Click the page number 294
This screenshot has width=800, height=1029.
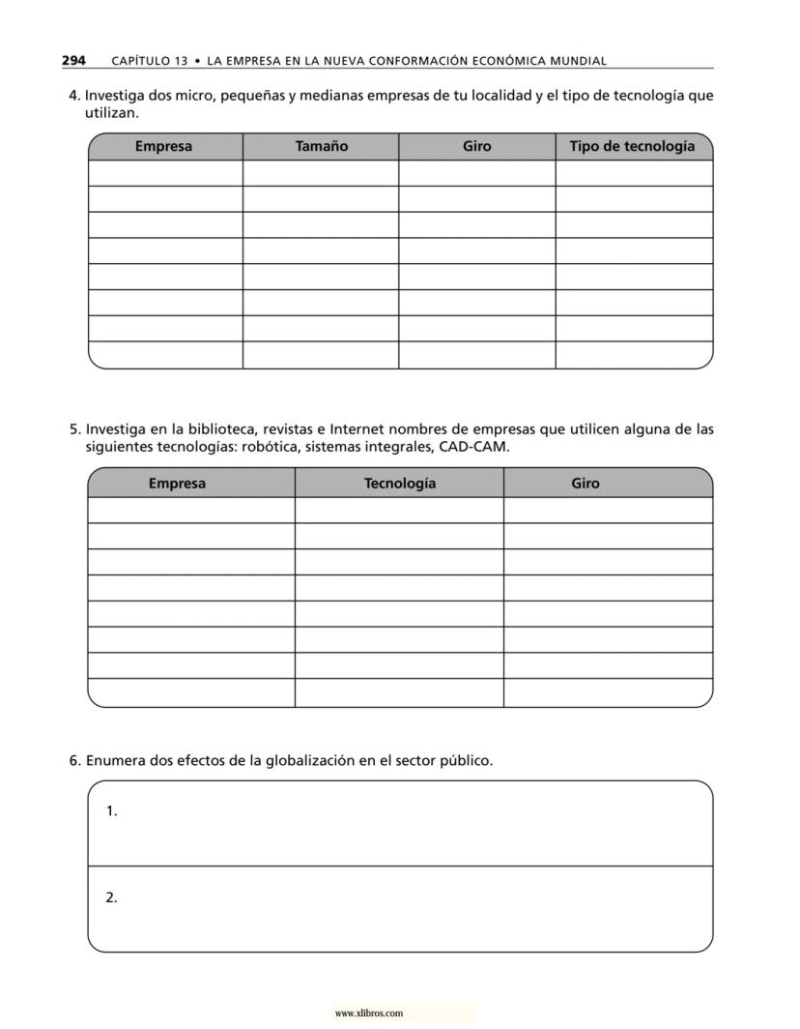(73, 60)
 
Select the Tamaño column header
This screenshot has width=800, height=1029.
(321, 147)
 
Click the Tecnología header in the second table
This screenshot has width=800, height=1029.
(399, 484)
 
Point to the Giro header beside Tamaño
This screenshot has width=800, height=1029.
(476, 147)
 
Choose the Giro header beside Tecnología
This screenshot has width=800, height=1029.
(585, 484)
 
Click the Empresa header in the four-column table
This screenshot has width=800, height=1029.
(163, 147)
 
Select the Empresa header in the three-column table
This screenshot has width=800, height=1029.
(177, 484)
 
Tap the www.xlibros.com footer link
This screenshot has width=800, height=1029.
(368, 1014)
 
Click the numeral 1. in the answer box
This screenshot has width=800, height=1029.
(112, 811)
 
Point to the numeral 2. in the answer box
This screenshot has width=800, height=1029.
(112, 897)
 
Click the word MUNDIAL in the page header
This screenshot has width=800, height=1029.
(577, 61)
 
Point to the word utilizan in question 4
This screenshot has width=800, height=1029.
(112, 113)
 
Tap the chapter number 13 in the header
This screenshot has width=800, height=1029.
(181, 61)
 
